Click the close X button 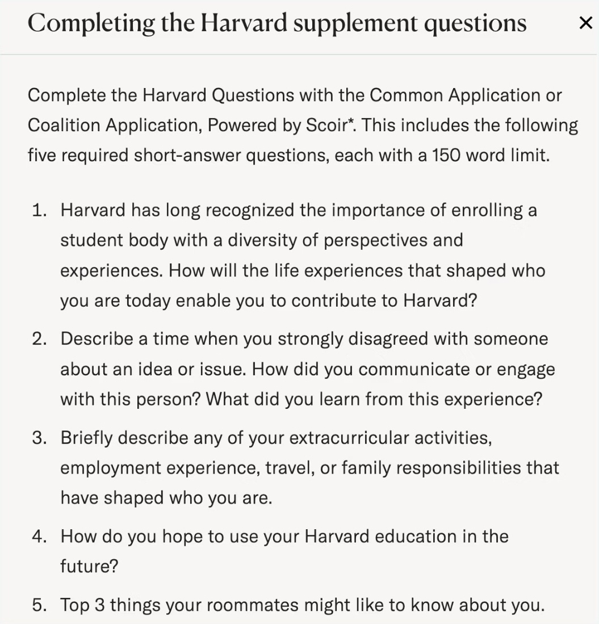585,23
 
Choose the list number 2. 39,340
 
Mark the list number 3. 39,438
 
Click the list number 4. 39,537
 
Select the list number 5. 39,605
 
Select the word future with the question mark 89,567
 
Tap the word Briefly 87,438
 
